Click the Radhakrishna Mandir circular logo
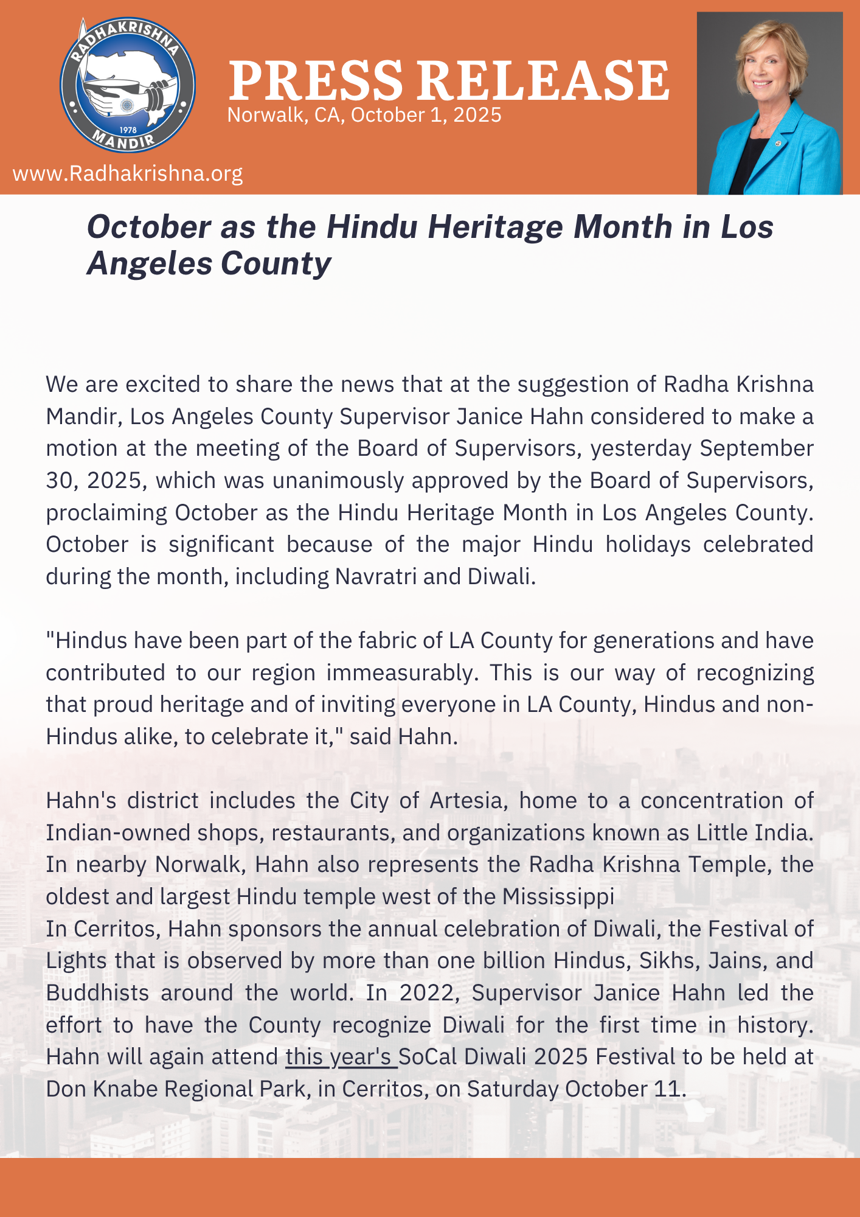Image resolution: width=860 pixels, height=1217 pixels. (x=128, y=85)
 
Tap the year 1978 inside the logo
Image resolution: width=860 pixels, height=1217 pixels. (x=128, y=130)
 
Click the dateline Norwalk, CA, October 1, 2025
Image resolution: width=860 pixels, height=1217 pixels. (x=364, y=115)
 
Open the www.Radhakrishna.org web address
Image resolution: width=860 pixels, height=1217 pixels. (x=128, y=174)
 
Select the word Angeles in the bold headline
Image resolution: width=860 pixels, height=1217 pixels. (x=150, y=263)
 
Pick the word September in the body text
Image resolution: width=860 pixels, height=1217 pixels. (x=757, y=448)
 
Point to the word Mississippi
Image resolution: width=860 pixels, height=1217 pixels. (x=558, y=897)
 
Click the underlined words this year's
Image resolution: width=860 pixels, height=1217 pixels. (x=341, y=1057)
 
